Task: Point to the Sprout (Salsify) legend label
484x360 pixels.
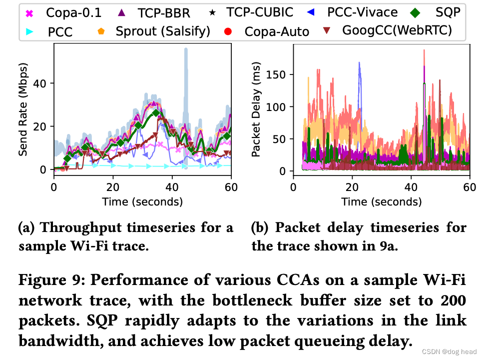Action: (x=163, y=31)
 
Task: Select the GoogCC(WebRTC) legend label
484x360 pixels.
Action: (x=397, y=30)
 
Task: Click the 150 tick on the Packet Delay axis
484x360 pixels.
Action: (x=278, y=74)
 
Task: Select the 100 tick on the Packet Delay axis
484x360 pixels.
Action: (x=278, y=106)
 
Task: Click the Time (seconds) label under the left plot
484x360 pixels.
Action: (x=142, y=202)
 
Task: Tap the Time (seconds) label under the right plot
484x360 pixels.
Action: (x=381, y=202)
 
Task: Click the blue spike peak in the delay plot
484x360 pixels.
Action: (x=359, y=63)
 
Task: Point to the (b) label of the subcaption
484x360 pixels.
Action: (x=260, y=228)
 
